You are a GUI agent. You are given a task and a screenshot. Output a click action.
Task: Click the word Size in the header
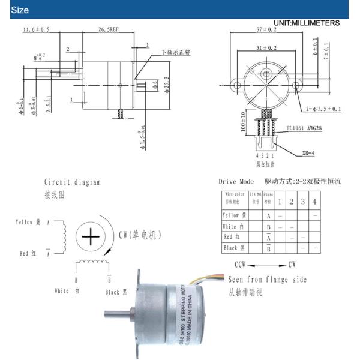(x=20, y=10)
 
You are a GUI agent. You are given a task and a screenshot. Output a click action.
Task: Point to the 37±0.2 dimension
(x=265, y=29)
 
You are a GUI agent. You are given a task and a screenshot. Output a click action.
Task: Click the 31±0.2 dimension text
(x=265, y=47)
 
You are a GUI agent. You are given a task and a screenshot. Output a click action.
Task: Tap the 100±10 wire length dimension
(x=242, y=122)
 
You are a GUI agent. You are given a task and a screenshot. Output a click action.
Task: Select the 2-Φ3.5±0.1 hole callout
(x=323, y=109)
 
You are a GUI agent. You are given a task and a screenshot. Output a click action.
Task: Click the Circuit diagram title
(x=73, y=182)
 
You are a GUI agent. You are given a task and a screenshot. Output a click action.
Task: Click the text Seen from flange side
(x=267, y=280)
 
